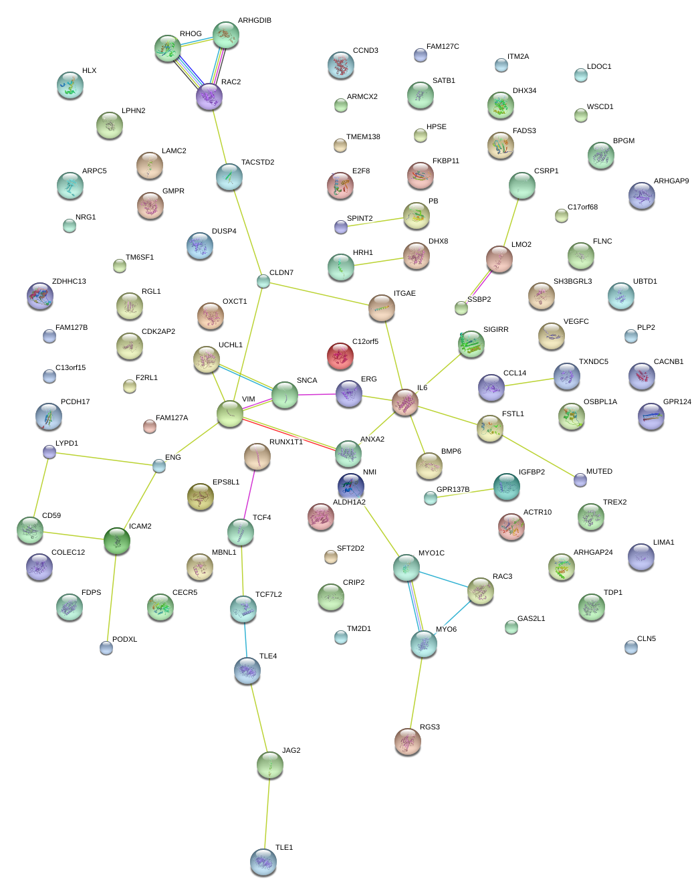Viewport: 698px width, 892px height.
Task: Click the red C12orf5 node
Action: point(340,356)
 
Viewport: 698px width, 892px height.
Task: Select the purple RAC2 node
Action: point(209,97)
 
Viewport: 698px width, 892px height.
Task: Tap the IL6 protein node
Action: point(404,402)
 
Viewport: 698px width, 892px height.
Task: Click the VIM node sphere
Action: point(229,414)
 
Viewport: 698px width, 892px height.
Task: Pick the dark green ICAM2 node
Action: point(116,541)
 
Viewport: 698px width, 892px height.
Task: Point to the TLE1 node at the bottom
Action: point(263,862)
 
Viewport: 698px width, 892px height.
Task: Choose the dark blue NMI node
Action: point(350,486)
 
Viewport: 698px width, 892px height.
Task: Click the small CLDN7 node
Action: point(263,281)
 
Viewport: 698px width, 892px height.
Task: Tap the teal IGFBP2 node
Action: point(506,486)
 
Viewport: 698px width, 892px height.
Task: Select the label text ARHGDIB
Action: point(254,21)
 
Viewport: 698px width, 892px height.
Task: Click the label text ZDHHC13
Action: point(69,282)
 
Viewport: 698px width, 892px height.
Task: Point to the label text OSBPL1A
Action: point(600,402)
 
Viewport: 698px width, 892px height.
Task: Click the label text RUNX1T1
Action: point(286,442)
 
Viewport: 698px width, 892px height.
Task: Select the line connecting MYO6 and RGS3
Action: point(415,693)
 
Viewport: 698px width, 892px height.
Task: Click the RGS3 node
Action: point(407,741)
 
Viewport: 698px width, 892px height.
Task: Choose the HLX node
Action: point(70,85)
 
